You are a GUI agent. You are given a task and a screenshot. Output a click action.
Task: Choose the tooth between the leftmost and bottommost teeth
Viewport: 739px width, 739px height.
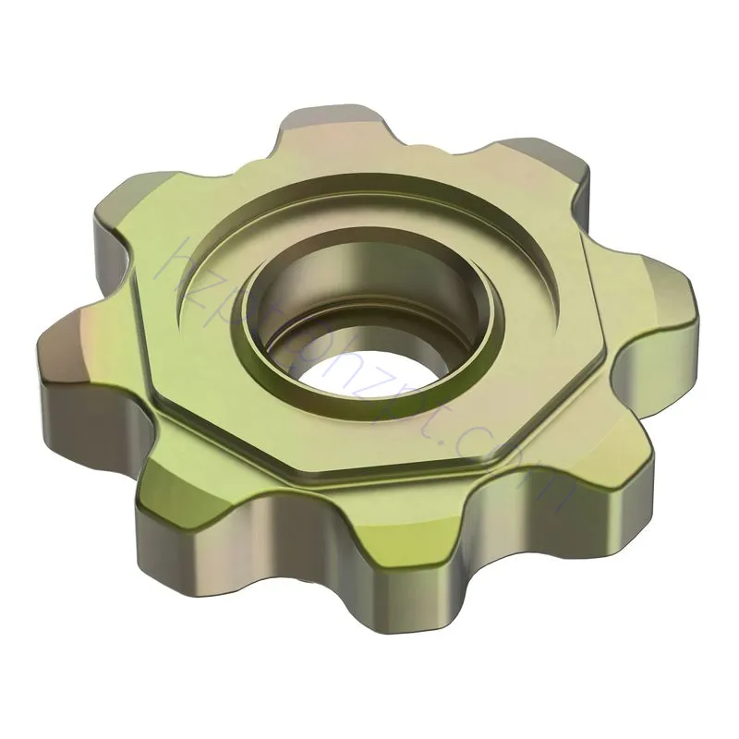pyautogui.click(x=176, y=517)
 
